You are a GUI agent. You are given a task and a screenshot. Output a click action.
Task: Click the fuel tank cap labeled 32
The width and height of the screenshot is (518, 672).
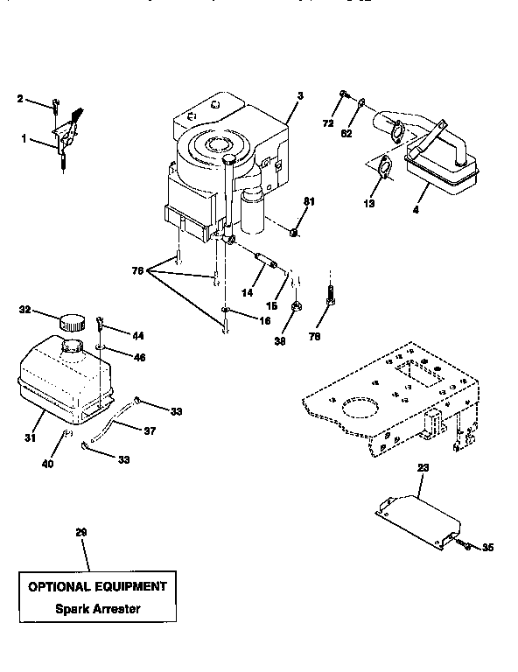[x=71, y=321]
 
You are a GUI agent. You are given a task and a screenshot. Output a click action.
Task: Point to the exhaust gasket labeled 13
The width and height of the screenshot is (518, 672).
[x=381, y=169]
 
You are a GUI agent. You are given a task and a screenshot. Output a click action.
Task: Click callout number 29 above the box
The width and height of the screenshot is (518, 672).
[x=81, y=533]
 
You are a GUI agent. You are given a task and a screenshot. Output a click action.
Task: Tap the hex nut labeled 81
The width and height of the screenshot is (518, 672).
[x=296, y=232]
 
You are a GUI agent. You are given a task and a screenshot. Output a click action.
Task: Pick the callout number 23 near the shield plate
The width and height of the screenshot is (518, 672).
[x=423, y=468]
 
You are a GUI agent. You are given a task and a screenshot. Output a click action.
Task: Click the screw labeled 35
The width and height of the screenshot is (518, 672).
[x=465, y=546]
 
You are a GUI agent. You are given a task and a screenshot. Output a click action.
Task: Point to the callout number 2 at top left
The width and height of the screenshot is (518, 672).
[x=20, y=99]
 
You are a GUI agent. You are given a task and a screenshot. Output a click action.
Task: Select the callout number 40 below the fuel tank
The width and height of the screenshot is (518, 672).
[x=48, y=464]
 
